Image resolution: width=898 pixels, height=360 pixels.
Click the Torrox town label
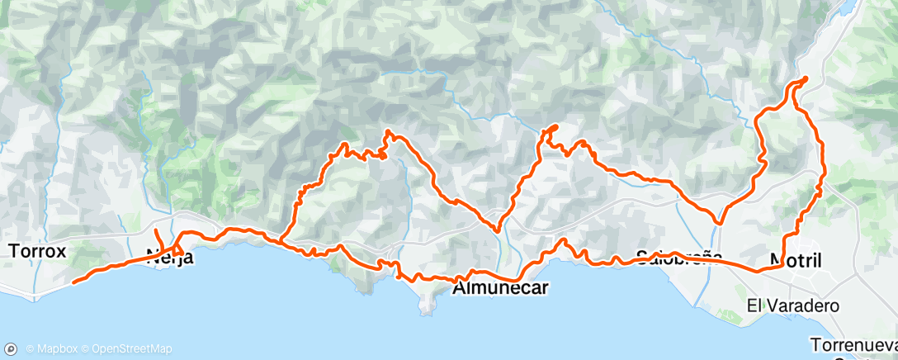tap(36, 251)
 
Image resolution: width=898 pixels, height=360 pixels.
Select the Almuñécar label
tap(501, 288)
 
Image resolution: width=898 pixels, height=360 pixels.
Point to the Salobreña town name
tap(679, 256)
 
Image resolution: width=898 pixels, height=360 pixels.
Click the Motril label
tap(796, 260)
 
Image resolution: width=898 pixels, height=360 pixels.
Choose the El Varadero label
tap(793, 306)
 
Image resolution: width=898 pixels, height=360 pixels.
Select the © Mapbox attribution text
tap(48, 348)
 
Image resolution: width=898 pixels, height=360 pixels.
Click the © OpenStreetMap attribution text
tap(116, 348)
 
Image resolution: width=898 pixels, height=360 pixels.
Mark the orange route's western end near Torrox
tap(74, 282)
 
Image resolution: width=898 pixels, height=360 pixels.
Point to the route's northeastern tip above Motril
tap(805, 78)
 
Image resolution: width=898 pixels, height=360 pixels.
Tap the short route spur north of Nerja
tap(157, 233)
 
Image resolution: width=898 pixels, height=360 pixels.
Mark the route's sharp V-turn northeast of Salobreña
tap(720, 222)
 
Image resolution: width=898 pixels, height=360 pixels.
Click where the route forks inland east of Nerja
tap(282, 240)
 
